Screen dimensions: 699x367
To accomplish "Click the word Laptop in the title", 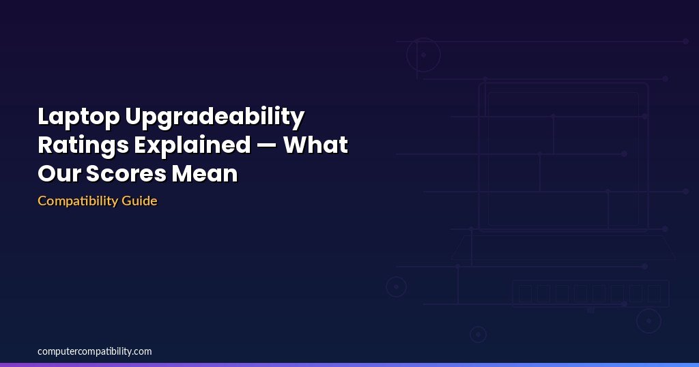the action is [79, 117].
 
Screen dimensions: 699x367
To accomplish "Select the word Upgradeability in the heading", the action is [215, 117].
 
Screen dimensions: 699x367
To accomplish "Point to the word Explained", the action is [192, 146].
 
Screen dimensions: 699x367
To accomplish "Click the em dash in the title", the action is [267, 146].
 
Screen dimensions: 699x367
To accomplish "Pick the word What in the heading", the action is [315, 145].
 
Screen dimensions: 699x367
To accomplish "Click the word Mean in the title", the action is [205, 173].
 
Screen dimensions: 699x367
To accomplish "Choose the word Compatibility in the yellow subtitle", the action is [78, 201].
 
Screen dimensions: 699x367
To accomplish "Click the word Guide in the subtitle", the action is [139, 201].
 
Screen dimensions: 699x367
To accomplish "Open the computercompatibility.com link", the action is [94, 351].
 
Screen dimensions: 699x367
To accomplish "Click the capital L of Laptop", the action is [43, 117].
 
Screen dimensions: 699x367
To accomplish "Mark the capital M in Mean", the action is [183, 173].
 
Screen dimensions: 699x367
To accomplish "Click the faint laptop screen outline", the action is [563, 83].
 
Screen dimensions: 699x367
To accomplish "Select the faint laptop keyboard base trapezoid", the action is [563, 259].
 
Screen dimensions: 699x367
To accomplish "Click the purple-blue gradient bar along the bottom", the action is [349, 365].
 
